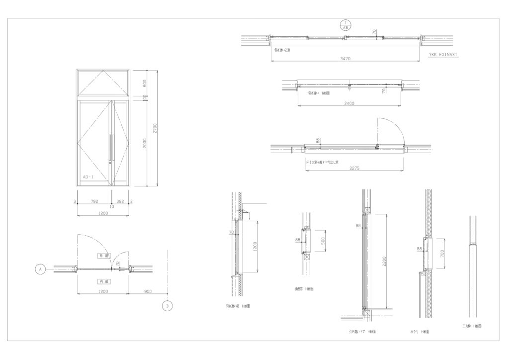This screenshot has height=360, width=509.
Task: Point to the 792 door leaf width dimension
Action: pos(94,201)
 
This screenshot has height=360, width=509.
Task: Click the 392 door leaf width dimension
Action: pos(120,201)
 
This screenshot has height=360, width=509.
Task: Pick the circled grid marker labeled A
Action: pos(40,269)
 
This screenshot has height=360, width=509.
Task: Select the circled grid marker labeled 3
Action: pos(168,306)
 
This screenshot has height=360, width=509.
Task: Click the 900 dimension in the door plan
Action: pos(148,291)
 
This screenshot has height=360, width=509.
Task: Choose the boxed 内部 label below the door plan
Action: pos(103,281)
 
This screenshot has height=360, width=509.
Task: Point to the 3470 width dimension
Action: pos(345,59)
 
